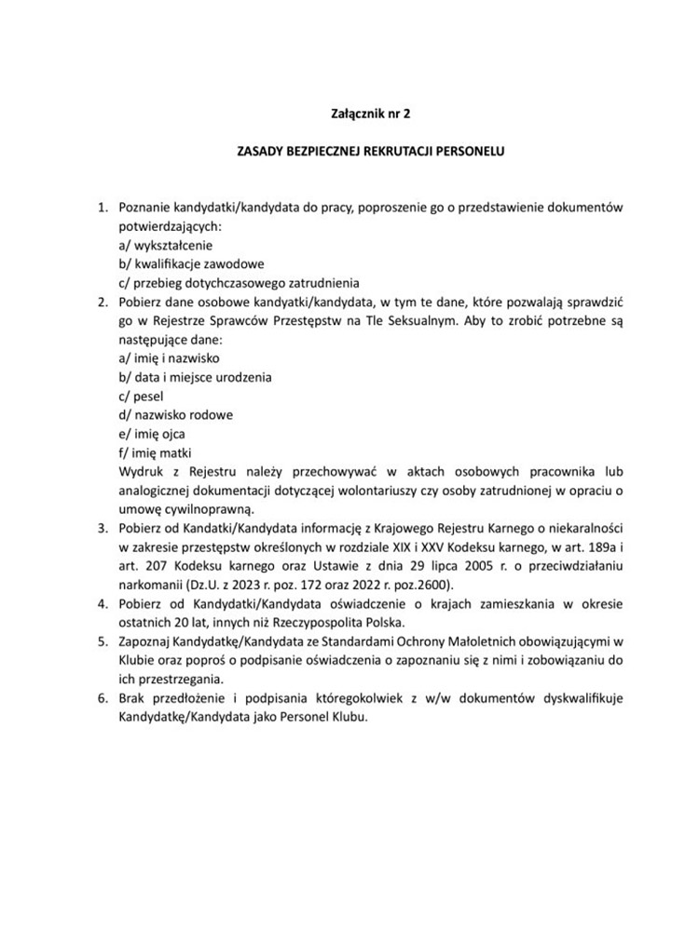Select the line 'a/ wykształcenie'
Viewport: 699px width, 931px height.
[x=160, y=245]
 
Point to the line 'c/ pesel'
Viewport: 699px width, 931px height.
[x=135, y=396]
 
